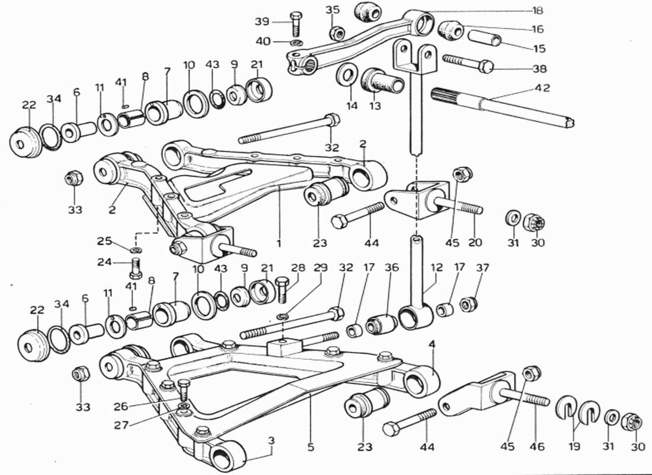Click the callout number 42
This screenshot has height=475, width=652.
(x=542, y=88)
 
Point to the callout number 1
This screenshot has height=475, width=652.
(x=277, y=243)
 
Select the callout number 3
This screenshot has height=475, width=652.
(x=271, y=441)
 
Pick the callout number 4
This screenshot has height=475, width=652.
(x=433, y=344)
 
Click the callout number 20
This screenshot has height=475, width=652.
(x=475, y=242)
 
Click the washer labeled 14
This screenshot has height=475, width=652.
(x=347, y=74)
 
